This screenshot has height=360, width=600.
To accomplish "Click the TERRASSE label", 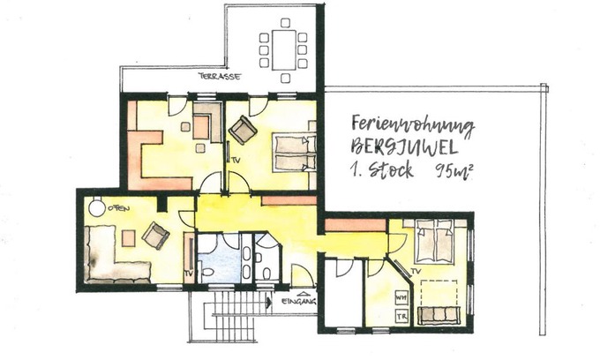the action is click(220, 76).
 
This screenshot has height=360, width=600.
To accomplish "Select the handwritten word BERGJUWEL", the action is click(404, 147).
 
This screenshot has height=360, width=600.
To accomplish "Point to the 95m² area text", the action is click(451, 171).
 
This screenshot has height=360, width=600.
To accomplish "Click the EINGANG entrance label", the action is click(298, 302).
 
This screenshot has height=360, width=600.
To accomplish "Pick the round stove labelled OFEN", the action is click(97, 207).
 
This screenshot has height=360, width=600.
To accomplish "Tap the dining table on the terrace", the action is click(284, 50).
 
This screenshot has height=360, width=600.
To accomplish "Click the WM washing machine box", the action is click(401, 297).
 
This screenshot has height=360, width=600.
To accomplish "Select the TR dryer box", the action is click(401, 317).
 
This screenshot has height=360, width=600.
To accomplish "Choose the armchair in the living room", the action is click(155, 236).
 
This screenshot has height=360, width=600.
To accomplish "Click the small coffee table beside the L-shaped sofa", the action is click(129, 238).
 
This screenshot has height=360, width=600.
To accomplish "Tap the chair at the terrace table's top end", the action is click(285, 23).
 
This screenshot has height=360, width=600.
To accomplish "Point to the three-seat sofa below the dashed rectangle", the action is click(438, 316).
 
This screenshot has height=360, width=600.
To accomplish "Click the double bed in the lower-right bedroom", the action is click(435, 241).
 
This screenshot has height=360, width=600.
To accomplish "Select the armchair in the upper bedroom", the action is click(243, 130).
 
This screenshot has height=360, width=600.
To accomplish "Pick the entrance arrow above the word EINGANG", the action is click(304, 294).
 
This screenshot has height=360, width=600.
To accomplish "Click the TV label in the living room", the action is click(188, 274).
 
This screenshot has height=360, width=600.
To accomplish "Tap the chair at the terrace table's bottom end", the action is click(285, 79).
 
